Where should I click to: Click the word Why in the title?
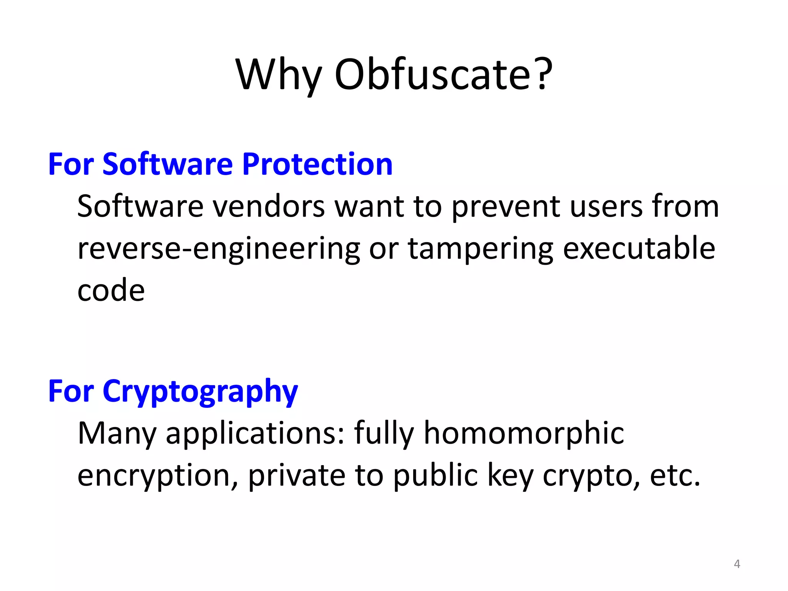(278, 75)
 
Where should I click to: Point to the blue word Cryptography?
(200, 392)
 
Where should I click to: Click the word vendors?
(269, 207)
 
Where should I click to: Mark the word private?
(297, 476)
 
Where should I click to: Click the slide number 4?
(737, 564)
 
